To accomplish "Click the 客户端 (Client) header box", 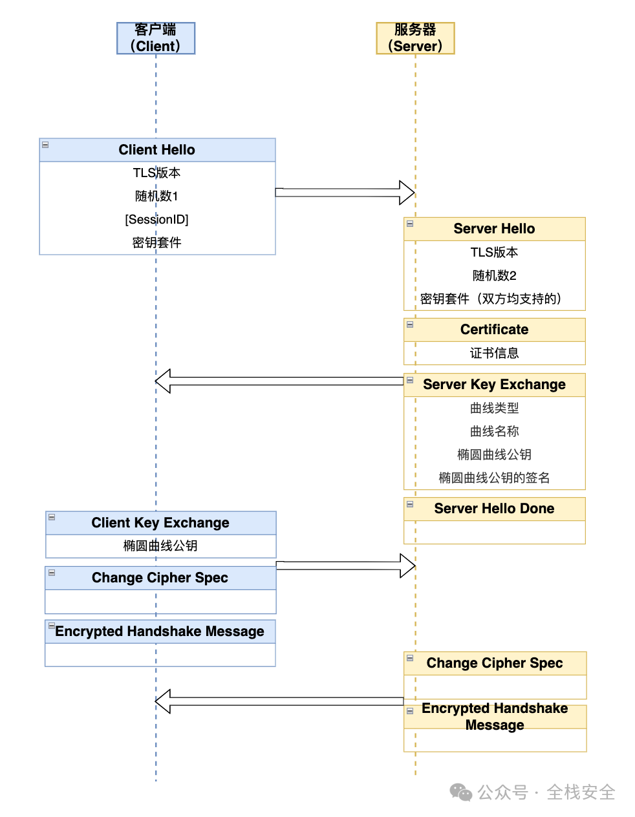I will click(x=156, y=38).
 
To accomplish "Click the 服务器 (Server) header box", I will click(x=415, y=38).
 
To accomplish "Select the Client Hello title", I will click(x=156, y=150).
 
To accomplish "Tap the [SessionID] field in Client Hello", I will click(x=156, y=220).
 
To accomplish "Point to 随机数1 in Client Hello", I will click(x=156, y=196).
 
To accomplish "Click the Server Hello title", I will click(x=494, y=229).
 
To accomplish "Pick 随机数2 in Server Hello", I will click(x=494, y=276).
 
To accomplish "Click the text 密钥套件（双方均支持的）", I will click(x=491, y=299).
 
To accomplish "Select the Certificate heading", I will click(x=494, y=330).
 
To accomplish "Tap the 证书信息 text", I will click(x=494, y=354).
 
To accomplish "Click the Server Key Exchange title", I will click(x=494, y=385).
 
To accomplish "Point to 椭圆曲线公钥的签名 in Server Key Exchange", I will click(x=494, y=478).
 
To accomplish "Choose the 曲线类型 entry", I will click(x=494, y=408).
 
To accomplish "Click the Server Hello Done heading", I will click(x=494, y=509).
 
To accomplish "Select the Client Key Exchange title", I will click(x=160, y=523).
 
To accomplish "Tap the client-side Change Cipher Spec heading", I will click(x=160, y=578).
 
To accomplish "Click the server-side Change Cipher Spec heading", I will click(x=494, y=663).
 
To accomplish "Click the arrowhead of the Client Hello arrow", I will click(x=407, y=193).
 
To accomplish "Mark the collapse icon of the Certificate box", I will click(x=410, y=324).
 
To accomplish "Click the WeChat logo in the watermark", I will click(x=461, y=792).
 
